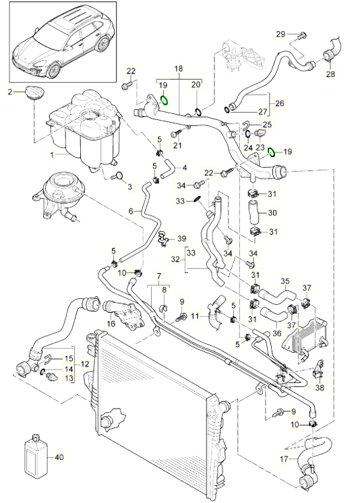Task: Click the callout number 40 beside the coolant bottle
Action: click(59, 456)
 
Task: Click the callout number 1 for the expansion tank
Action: click(52, 155)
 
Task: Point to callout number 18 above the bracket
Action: click(179, 68)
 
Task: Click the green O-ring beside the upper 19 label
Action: click(164, 100)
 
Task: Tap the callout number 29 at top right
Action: click(280, 34)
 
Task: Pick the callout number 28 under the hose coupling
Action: click(330, 73)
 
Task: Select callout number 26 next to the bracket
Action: click(280, 103)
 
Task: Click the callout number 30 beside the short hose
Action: click(272, 212)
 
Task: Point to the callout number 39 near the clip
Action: click(181, 238)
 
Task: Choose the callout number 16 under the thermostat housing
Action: click(111, 324)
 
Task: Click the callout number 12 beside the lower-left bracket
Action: click(85, 364)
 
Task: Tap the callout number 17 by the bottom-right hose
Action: click(284, 459)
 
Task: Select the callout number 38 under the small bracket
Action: click(320, 388)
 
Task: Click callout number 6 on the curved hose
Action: click(131, 211)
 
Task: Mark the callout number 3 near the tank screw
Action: click(129, 186)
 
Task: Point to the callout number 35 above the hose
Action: click(285, 281)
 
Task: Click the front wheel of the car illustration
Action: click(53, 71)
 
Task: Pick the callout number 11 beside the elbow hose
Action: click(195, 316)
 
